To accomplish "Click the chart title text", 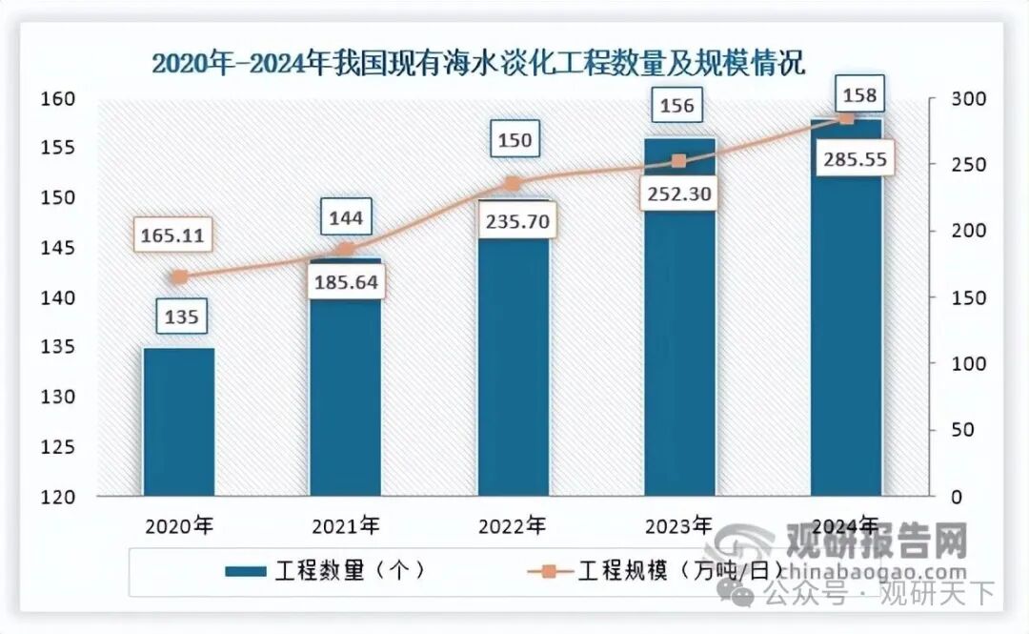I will click(479, 65).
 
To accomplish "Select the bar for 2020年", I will click(179, 421).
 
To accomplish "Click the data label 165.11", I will click(179, 235).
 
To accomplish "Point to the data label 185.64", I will click(346, 282).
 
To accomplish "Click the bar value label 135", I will click(180, 317).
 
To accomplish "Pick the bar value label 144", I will click(345, 218).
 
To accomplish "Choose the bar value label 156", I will click(677, 105).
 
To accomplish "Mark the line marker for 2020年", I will click(179, 277).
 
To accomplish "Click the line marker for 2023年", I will click(678, 161).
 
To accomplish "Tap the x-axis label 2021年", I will click(345, 525).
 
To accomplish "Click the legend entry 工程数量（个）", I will click(324, 570).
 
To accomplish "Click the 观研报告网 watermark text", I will click(875, 541).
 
